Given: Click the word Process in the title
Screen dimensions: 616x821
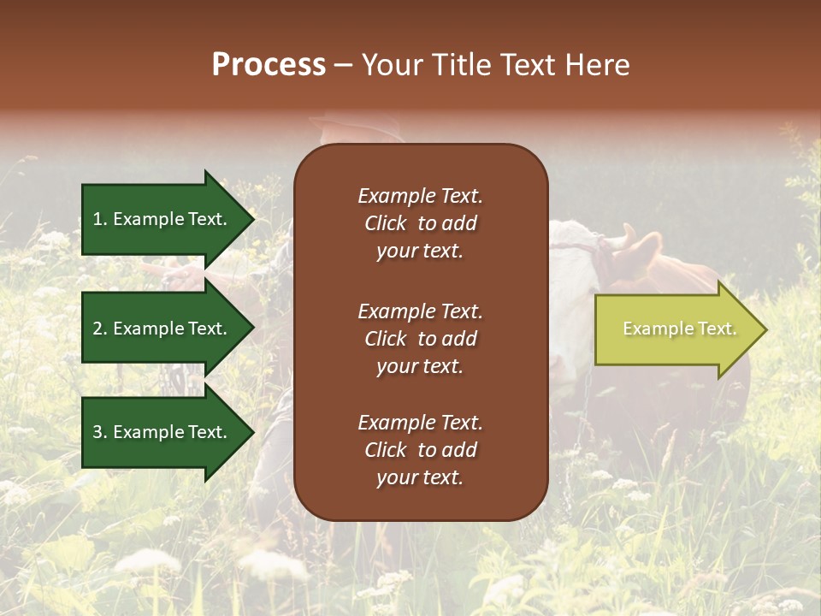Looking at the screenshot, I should [x=269, y=65].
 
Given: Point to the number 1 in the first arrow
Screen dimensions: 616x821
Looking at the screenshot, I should [x=97, y=219].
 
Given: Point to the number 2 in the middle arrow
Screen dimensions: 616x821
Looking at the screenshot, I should [x=97, y=329].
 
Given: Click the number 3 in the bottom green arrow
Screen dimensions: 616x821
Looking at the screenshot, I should [x=97, y=432].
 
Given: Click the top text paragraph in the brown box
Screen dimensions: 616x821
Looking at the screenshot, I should [x=420, y=223].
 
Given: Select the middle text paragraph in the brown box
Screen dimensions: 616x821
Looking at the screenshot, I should [x=420, y=339].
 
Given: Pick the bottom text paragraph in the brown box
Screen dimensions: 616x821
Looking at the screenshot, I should [x=420, y=450].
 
